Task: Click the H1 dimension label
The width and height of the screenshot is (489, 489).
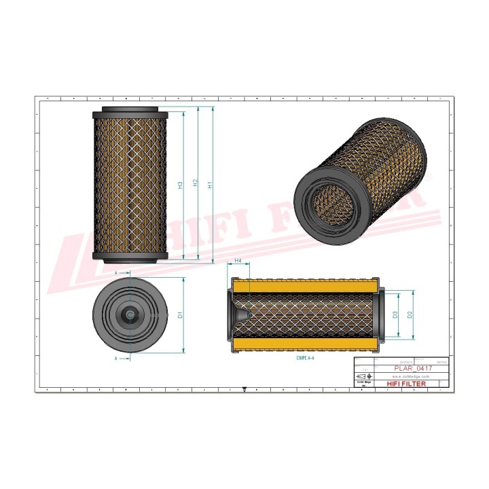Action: pyautogui.click(x=211, y=184)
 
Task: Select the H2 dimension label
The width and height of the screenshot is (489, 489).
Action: pyautogui.click(x=196, y=184)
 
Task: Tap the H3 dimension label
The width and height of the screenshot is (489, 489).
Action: pyautogui.click(x=181, y=185)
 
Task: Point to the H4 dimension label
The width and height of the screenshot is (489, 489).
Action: pyautogui.click(x=238, y=261)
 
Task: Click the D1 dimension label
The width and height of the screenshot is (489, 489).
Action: pyautogui.click(x=181, y=314)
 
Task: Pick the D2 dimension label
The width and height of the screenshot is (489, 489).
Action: pyautogui.click(x=410, y=314)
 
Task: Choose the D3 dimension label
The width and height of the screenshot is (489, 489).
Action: pyautogui.click(x=395, y=314)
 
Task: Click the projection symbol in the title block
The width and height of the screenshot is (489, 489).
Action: pyautogui.click(x=361, y=376)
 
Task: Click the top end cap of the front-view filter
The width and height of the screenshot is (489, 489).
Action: pyautogui.click(x=130, y=111)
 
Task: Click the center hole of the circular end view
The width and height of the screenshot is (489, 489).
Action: pyautogui.click(x=129, y=314)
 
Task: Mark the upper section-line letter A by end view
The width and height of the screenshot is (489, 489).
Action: pyautogui.click(x=116, y=272)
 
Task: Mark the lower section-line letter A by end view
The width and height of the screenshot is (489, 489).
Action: pyautogui.click(x=116, y=357)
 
